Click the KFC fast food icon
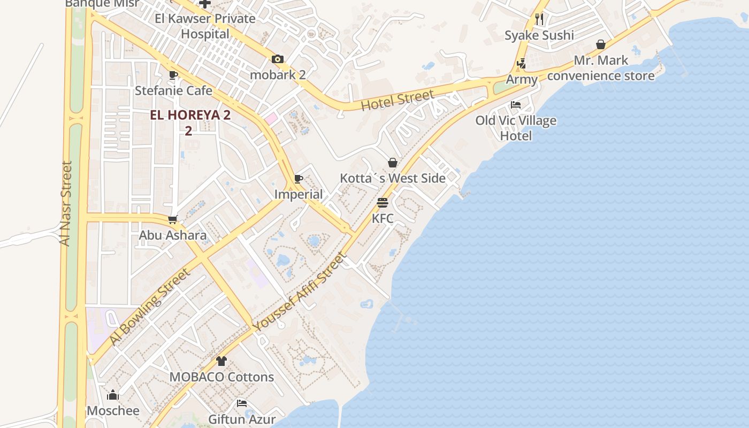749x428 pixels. click(382, 203)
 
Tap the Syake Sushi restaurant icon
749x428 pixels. click(539, 19)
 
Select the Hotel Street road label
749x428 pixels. click(397, 100)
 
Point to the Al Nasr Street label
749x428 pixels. click(65, 203)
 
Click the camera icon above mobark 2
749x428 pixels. click(277, 59)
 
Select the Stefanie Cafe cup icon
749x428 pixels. click(173, 75)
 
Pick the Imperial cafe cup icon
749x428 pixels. click(299, 179)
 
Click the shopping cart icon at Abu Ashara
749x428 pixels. click(173, 219)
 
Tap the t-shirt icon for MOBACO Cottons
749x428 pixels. click(221, 361)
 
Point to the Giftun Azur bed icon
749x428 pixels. click(242, 403)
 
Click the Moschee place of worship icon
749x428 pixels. click(113, 395)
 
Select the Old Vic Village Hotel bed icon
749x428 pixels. click(516, 105)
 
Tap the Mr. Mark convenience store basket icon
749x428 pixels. click(601, 44)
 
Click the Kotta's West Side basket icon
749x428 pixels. click(393, 163)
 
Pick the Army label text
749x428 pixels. click(522, 80)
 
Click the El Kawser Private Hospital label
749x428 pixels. click(205, 26)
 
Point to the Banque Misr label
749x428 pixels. click(102, 4)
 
